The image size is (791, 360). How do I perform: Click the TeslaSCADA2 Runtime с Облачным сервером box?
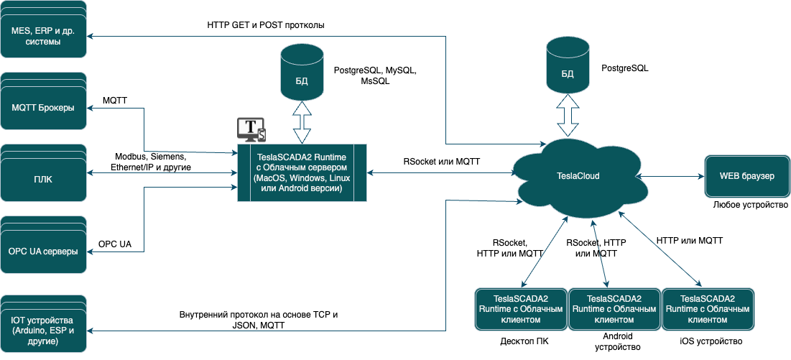click(302, 173)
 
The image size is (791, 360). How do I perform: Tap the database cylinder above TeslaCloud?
click(568, 70)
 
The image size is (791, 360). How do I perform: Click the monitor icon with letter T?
click(251, 129)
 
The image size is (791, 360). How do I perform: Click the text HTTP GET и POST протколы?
click(266, 24)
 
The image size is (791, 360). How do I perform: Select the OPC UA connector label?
click(115, 245)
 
